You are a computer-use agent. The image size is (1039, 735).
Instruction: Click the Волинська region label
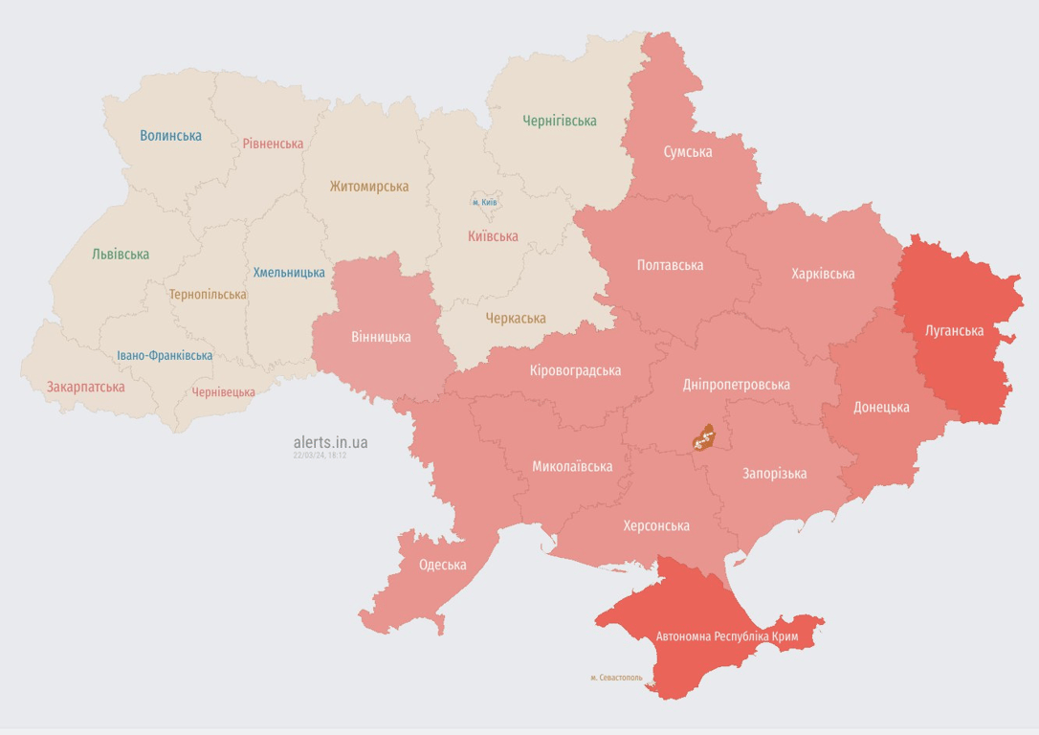170,136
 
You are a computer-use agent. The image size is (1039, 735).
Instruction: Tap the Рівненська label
273,144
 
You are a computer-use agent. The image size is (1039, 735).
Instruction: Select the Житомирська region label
368,187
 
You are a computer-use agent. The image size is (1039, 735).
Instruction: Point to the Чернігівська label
559,121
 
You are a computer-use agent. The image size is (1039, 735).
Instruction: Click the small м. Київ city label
485,203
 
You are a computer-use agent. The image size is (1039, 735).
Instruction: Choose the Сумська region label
687,151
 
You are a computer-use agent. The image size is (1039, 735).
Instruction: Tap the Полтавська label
670,265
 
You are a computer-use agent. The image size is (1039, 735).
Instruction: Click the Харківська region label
823,274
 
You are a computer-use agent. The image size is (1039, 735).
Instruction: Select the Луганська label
954,331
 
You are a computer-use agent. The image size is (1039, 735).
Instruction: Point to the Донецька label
880,407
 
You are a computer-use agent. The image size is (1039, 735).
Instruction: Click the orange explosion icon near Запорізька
704,438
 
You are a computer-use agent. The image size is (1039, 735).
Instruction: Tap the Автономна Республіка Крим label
726,635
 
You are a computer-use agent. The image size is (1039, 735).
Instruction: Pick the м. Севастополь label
616,678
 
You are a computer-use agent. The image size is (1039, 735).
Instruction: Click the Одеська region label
442,565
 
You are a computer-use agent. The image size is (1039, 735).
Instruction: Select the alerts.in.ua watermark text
330,442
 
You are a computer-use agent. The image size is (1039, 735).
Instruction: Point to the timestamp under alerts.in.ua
320,456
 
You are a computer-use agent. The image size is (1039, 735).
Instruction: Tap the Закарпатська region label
85,388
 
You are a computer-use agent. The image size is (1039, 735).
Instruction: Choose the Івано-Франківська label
165,355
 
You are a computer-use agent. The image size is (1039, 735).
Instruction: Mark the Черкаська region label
515,318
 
